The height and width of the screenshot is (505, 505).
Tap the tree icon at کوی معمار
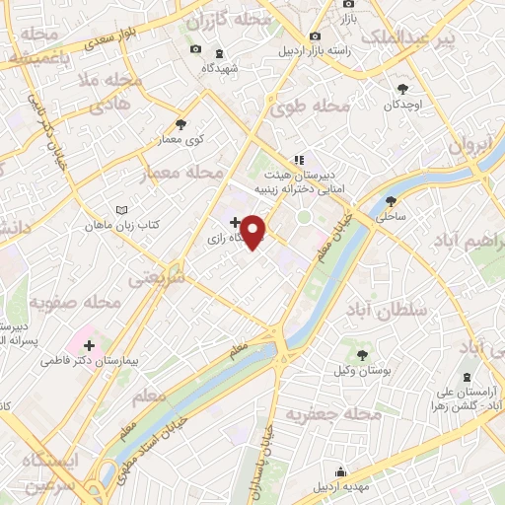coord(180,124)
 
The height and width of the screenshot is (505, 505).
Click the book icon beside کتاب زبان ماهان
coord(122,211)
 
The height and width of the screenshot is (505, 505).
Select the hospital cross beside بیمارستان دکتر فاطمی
coord(90,345)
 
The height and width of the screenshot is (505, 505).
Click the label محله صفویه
coord(75,301)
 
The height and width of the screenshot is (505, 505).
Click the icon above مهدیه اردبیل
coord(340,470)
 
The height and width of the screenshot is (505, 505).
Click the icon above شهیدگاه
coord(218,53)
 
